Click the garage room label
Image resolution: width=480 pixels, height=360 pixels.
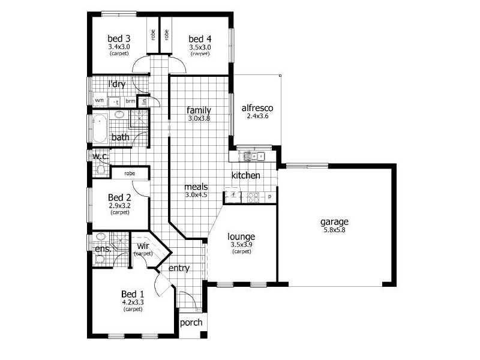click(x=334, y=221)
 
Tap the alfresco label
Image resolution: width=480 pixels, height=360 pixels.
click(x=257, y=109)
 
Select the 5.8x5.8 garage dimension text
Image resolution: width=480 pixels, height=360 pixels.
click(x=334, y=230)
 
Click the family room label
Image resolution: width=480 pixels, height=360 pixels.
click(x=198, y=110)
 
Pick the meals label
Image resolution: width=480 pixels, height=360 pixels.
click(x=196, y=187)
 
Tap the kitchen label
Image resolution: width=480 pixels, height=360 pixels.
click(x=246, y=176)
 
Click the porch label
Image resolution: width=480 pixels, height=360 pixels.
click(x=191, y=323)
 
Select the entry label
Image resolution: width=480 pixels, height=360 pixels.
click(x=179, y=268)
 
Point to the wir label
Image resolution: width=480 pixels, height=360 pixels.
click(x=143, y=247)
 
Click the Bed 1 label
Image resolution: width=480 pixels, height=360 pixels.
click(x=132, y=294)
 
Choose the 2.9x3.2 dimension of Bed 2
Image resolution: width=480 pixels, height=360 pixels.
click(x=119, y=205)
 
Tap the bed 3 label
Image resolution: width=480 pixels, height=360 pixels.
click(x=119, y=38)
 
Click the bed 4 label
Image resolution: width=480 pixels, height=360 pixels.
click(x=200, y=38)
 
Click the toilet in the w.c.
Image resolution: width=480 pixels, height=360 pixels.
click(x=100, y=170)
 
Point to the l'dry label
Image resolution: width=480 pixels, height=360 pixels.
click(x=116, y=85)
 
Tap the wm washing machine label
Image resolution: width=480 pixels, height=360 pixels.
click(x=99, y=101)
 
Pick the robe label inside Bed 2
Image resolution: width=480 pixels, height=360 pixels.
click(x=130, y=173)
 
